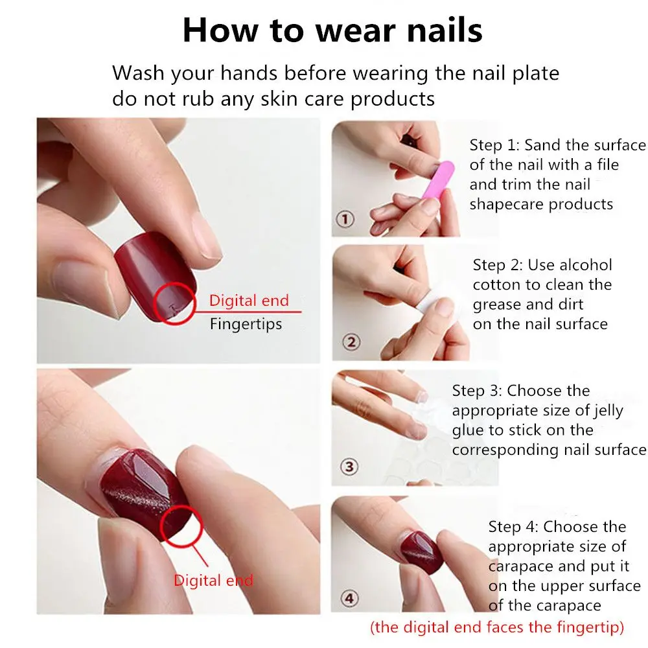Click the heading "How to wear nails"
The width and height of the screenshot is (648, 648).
pos(332,30)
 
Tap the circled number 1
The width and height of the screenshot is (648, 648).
pos(345,219)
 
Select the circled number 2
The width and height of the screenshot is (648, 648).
pos(351,342)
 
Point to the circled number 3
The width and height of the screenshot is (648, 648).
pos(349,467)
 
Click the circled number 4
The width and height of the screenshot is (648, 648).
pos(350,598)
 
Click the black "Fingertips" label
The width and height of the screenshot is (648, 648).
pos(246,324)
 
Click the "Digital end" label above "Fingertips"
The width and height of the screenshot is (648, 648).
pos(249,301)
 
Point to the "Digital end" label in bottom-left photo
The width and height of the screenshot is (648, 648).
pos(213,581)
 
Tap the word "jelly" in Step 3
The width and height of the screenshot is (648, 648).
pos(608,411)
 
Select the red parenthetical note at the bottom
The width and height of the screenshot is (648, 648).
pos(497,627)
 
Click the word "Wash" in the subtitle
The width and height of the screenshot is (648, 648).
pos(138,73)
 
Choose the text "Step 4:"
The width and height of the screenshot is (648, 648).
pos(513,527)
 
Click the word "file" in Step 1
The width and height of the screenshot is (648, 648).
pos(608,165)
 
